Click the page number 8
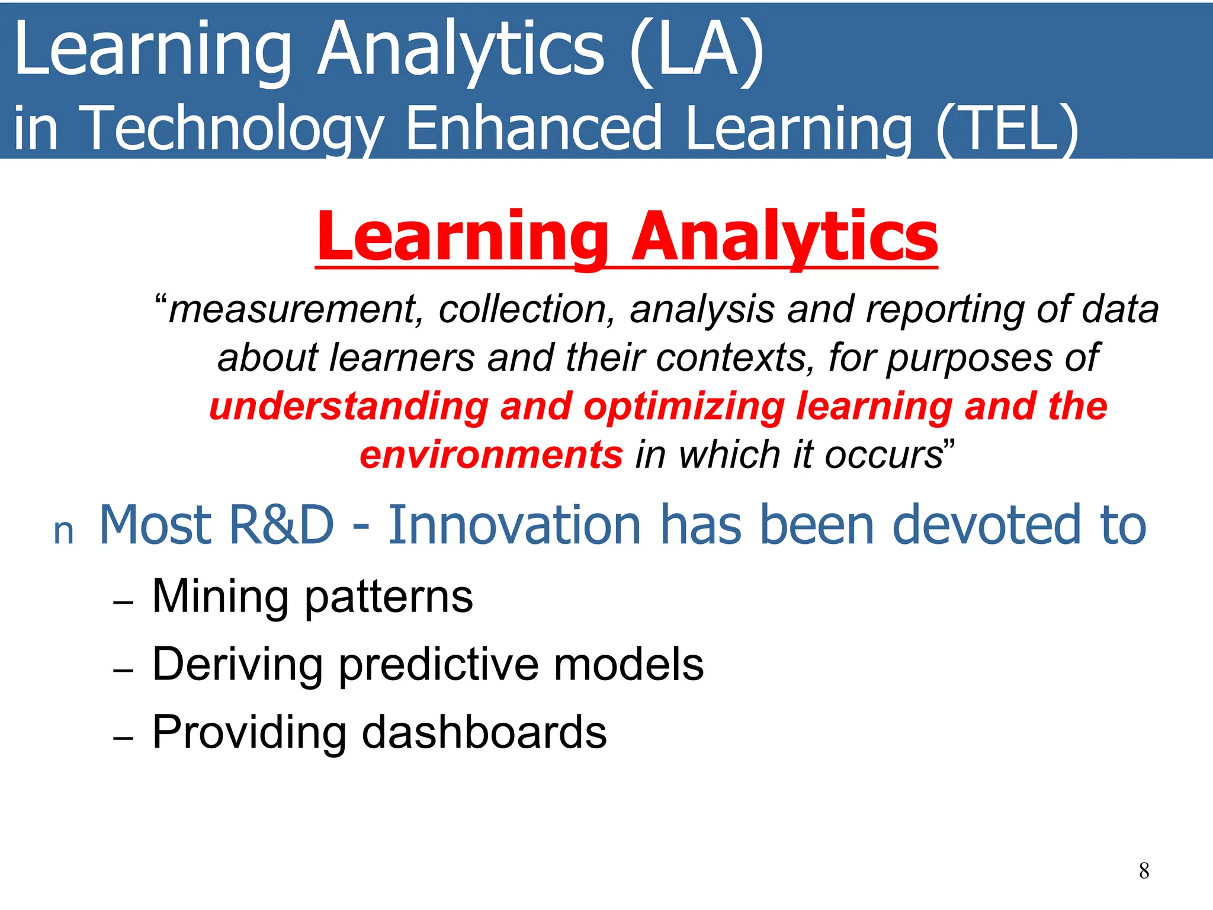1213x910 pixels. coord(1144,870)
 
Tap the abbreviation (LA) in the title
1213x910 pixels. coord(697,50)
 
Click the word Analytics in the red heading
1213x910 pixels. coord(785,237)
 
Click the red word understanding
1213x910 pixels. coord(349,407)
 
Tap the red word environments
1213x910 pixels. coord(491,455)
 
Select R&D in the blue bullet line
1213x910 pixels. coord(281,525)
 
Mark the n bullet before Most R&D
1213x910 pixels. coord(63,532)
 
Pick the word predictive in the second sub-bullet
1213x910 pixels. coord(439,665)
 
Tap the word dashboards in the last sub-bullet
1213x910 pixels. coord(484,733)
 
